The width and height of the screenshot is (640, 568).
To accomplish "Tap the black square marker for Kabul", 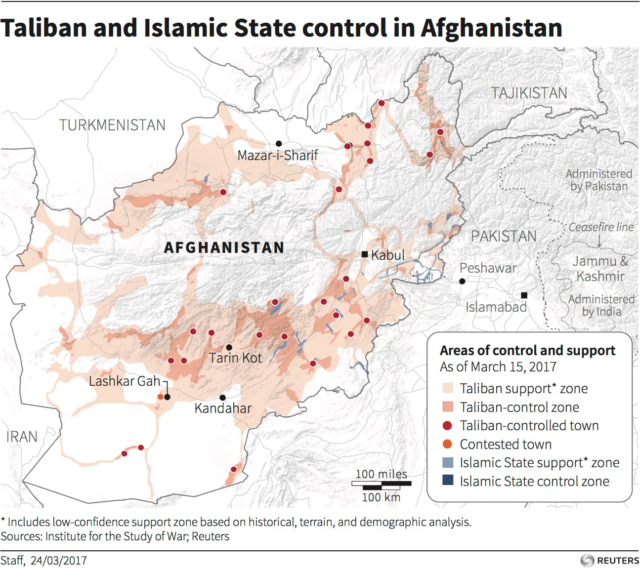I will click(x=365, y=254).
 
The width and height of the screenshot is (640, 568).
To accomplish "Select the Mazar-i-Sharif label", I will click(x=277, y=155).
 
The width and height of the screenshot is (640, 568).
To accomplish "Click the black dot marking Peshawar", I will click(x=462, y=281).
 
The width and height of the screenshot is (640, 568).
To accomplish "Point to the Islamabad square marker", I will click(x=524, y=295).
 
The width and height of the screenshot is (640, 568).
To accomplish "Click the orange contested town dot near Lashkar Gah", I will click(x=160, y=397).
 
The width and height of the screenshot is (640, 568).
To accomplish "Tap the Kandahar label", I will click(x=223, y=408).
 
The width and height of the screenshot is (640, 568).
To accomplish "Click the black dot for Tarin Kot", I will click(x=229, y=348).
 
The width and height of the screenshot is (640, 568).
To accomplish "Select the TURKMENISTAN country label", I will click(x=112, y=125).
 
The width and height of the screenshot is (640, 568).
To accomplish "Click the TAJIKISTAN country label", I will click(x=529, y=93).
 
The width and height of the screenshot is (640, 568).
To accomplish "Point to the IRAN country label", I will click(x=22, y=437).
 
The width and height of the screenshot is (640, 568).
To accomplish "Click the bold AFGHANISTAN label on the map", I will click(x=224, y=247).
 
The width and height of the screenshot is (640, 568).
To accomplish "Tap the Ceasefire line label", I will click(x=600, y=227).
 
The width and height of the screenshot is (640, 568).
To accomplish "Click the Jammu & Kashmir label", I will click(x=600, y=269).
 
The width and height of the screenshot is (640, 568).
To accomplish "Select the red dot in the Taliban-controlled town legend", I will click(x=448, y=426).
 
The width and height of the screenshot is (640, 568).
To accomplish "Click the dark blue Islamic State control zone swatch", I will click(x=448, y=481).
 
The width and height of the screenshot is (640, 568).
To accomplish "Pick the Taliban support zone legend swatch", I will click(x=448, y=388).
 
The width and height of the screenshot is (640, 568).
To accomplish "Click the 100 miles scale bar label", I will click(x=381, y=474).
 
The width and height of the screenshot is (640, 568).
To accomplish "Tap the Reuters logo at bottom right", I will click(x=610, y=560).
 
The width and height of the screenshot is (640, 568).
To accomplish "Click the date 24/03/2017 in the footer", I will click(x=58, y=561).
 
